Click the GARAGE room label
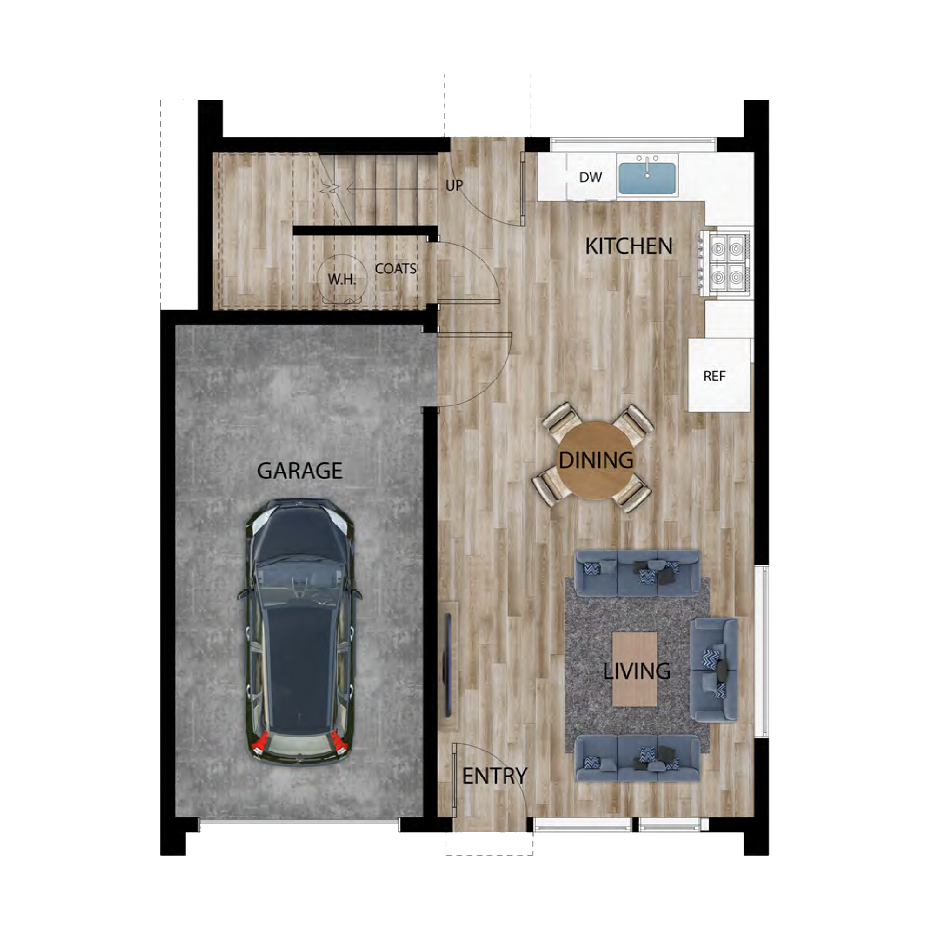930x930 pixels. pyautogui.click(x=299, y=471)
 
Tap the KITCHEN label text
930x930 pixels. pyautogui.click(x=629, y=246)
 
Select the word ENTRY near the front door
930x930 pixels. pyautogui.click(x=495, y=776)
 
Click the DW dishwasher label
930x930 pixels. pyautogui.click(x=591, y=177)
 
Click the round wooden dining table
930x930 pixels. pyautogui.click(x=596, y=460)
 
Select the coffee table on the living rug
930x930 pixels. pyautogui.click(x=635, y=670)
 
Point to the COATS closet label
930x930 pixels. pyautogui.click(x=396, y=269)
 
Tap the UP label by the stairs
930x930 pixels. pyautogui.click(x=454, y=186)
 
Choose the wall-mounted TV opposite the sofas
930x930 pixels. pyautogui.click(x=448, y=665)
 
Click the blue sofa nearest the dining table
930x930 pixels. pyautogui.click(x=638, y=573)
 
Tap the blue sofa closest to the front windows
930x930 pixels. pyautogui.click(x=638, y=758)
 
